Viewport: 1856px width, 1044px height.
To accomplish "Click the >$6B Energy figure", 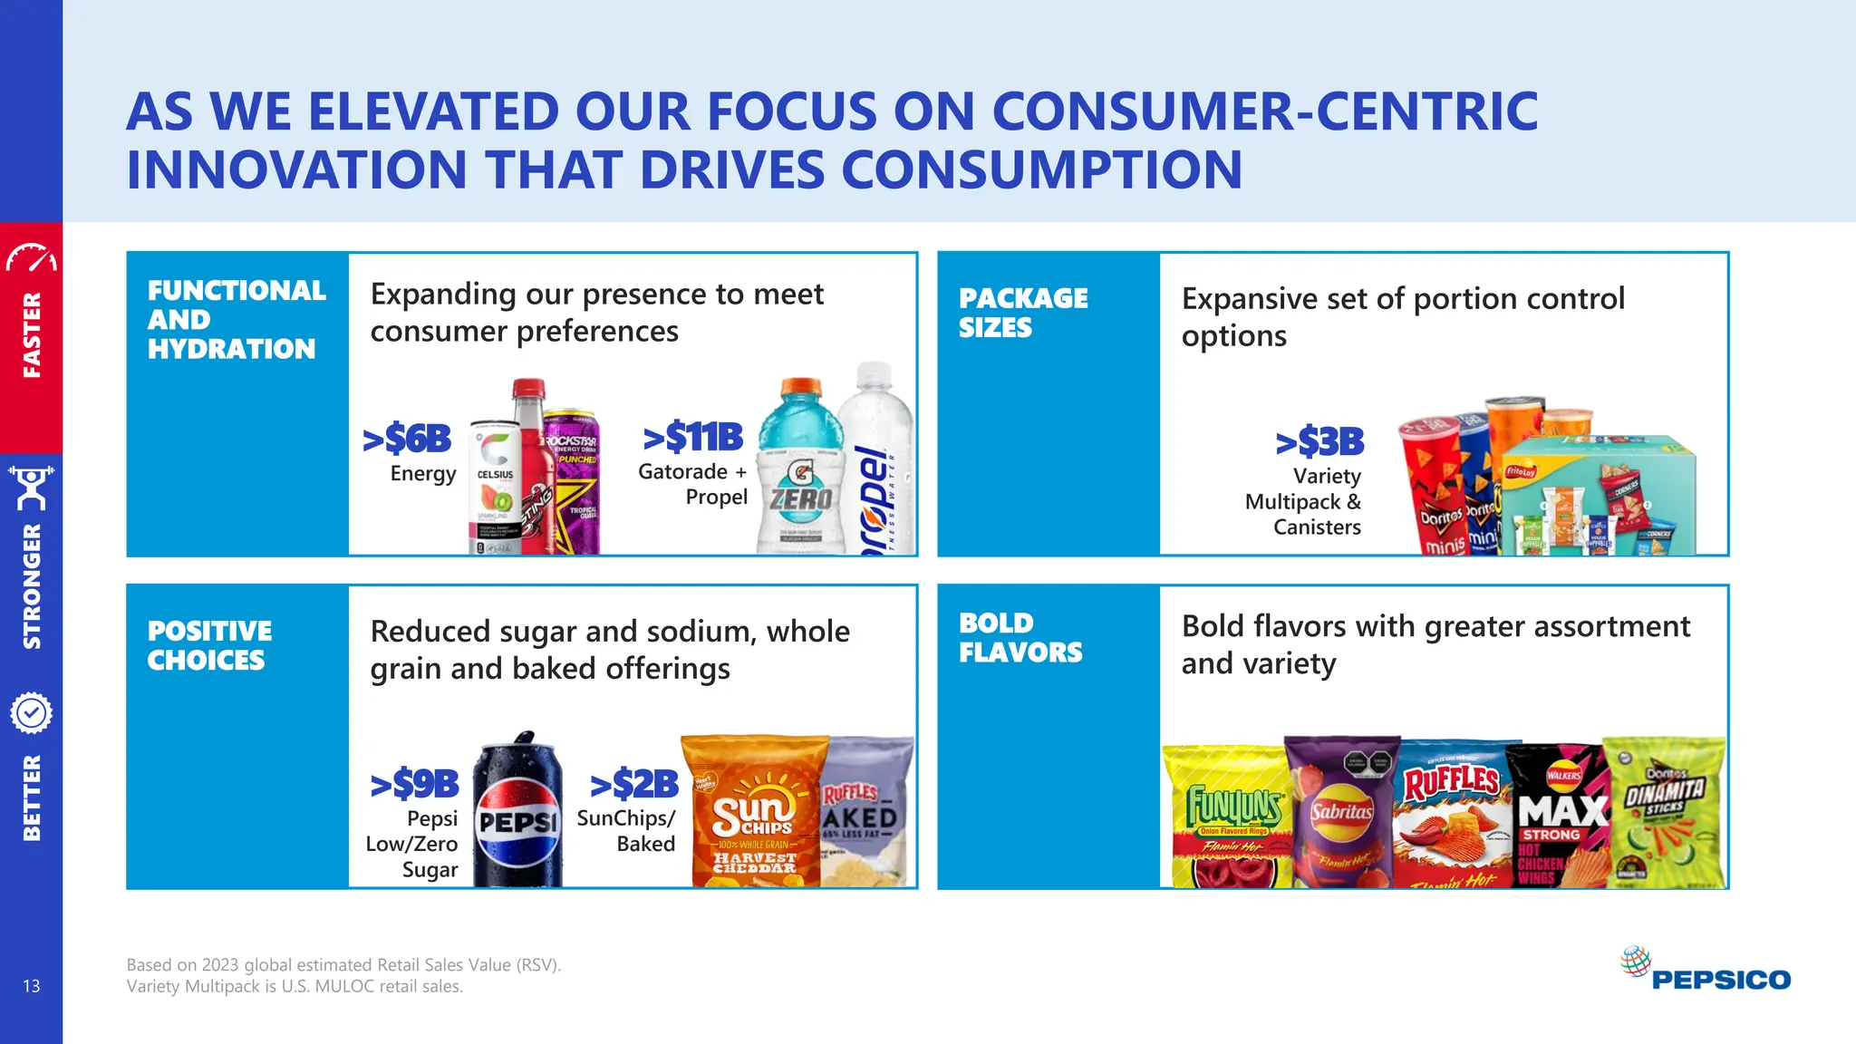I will pyautogui.click(x=408, y=440).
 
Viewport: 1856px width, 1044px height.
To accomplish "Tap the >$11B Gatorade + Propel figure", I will pyautogui.click(x=693, y=438).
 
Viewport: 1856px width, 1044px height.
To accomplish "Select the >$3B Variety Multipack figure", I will pyautogui.click(x=1320, y=442).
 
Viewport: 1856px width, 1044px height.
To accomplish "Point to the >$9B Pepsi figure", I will pyautogui.click(x=415, y=784).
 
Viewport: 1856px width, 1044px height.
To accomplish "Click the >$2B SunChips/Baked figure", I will pyautogui.click(x=634, y=784).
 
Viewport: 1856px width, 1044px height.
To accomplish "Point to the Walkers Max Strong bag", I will pyautogui.click(x=1557, y=816).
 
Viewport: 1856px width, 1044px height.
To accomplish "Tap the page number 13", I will pyautogui.click(x=32, y=986).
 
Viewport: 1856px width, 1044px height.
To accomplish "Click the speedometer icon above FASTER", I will pyautogui.click(x=31, y=257).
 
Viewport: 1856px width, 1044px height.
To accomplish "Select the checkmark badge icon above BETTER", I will pyautogui.click(x=31, y=714).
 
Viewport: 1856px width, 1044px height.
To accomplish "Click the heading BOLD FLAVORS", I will pyautogui.click(x=1020, y=637).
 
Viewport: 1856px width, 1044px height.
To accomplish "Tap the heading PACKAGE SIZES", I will pyautogui.click(x=1023, y=313).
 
